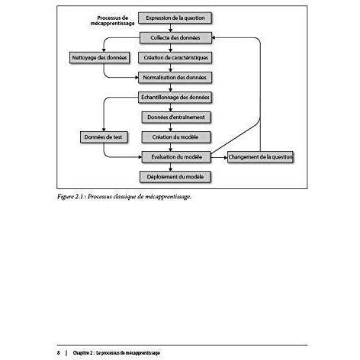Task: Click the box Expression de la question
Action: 175,18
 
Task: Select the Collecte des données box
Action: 175,37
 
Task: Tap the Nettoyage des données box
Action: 99,58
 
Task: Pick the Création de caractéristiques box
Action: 175,58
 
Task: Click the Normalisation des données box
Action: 175,77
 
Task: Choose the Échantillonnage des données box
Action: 175,98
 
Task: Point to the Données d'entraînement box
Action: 176,117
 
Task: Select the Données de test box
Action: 104,137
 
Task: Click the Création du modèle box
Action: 176,137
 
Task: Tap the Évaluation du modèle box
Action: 176,157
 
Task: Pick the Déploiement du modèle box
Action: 175,177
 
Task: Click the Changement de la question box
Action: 260,157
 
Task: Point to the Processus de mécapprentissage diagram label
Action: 113,21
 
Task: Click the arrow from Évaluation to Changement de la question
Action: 219,157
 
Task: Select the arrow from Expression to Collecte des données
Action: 171,28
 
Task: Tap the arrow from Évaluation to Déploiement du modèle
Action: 171,167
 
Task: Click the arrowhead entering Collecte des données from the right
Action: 214,37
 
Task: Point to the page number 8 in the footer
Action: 59,353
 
